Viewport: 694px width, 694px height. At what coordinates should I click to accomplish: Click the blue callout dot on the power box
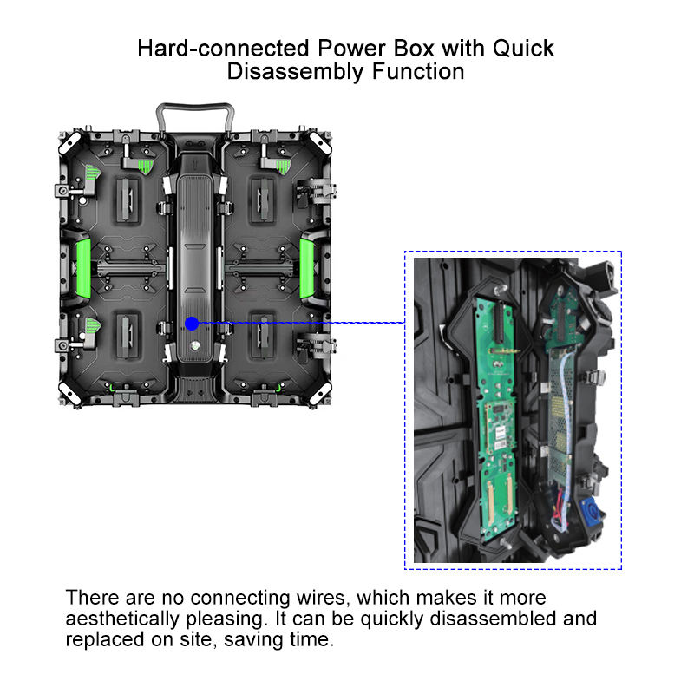[x=192, y=324]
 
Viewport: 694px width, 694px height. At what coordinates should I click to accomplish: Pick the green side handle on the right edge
[x=307, y=265]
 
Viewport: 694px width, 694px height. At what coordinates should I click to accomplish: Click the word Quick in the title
[x=523, y=48]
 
